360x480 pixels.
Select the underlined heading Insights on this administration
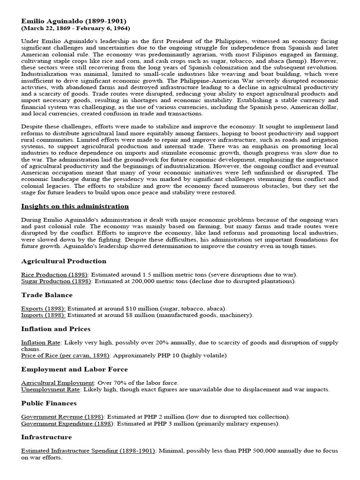(x=75, y=206)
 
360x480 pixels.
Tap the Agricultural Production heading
(x=64, y=261)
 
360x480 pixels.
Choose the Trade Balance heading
(x=47, y=295)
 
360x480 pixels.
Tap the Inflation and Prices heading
(x=56, y=329)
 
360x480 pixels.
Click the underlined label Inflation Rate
(x=41, y=342)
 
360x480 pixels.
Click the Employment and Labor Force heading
(x=74, y=369)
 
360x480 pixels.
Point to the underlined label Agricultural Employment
(x=58, y=382)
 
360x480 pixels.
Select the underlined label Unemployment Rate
(x=51, y=389)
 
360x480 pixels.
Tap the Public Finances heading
(x=49, y=403)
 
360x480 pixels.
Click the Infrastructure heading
(x=46, y=437)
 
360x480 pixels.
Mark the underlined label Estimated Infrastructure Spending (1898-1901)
(x=88, y=451)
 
